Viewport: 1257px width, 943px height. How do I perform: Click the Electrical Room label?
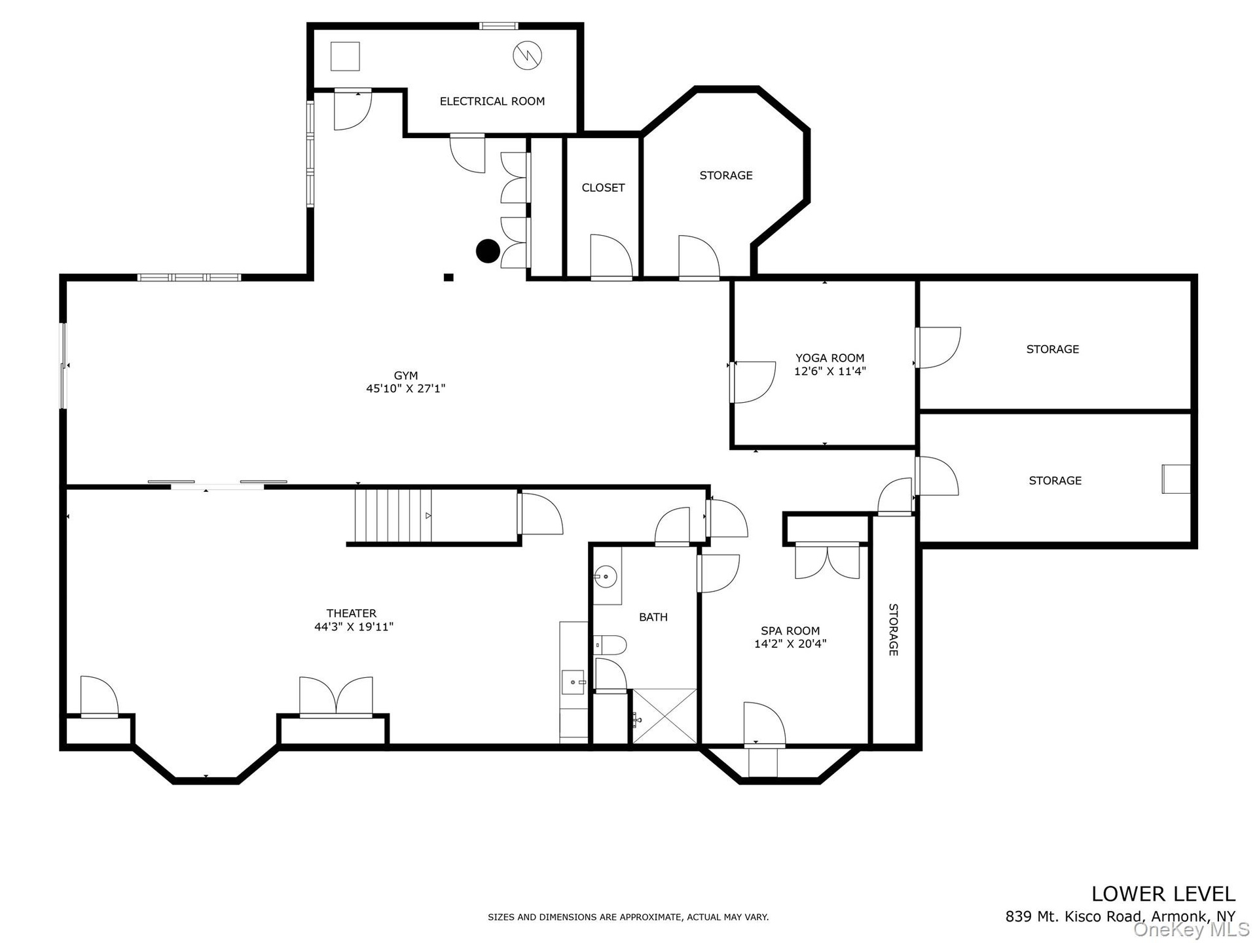coord(492,102)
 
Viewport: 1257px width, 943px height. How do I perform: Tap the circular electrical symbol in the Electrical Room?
coord(528,56)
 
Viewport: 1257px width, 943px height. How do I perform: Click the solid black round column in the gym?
coord(488,251)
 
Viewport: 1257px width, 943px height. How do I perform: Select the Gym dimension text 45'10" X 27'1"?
coord(406,388)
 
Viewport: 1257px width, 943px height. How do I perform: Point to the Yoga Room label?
coord(830,358)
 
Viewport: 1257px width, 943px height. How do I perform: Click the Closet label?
coord(603,188)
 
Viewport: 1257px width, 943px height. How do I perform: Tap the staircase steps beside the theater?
coord(393,516)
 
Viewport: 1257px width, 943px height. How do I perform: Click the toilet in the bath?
coord(610,645)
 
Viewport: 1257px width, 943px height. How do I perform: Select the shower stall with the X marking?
coord(665,716)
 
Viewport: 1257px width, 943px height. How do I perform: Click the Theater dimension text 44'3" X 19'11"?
coord(354,627)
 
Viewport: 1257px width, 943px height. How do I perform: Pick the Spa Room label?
coord(790,631)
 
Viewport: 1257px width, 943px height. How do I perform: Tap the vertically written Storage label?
coord(893,629)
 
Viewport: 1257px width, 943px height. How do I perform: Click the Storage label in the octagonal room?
coord(726,176)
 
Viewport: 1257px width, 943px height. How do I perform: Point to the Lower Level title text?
coord(1163,894)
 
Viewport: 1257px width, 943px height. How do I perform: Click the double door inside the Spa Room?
coord(828,562)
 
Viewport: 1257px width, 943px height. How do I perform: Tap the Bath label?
coord(653,617)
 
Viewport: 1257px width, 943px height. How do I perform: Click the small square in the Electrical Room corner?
coord(345,56)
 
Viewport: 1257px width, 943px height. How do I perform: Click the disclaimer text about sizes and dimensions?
coord(628,917)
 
